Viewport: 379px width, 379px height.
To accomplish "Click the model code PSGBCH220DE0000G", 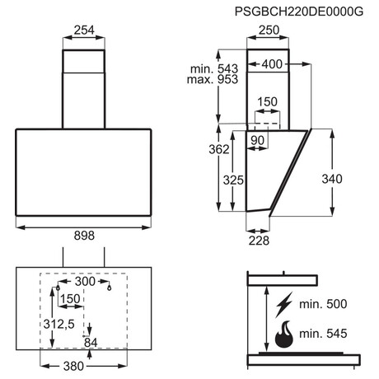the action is click(x=299, y=12).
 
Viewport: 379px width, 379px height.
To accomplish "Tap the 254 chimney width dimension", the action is click(x=84, y=30).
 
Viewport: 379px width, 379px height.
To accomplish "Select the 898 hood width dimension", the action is click(x=84, y=236).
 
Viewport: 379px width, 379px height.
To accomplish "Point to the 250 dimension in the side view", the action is click(x=269, y=30).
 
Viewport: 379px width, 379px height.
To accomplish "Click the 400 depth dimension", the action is click(x=272, y=64).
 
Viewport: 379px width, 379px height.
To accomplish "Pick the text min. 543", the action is click(x=214, y=68).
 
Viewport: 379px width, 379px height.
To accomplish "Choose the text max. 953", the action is click(x=213, y=79).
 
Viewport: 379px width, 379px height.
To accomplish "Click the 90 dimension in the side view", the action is click(x=257, y=140).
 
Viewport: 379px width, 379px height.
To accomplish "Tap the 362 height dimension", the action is click(x=219, y=149).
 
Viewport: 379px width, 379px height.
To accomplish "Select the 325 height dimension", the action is click(x=233, y=180).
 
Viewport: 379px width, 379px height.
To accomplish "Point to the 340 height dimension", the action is click(x=332, y=179).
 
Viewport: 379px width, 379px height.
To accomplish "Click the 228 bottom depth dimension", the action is click(x=259, y=241).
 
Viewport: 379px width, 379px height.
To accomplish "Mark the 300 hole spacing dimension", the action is click(x=85, y=281).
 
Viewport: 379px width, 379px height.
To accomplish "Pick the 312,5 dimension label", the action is click(x=59, y=325).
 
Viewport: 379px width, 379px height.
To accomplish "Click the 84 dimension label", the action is click(x=91, y=343).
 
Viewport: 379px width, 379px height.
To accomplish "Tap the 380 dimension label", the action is click(x=73, y=366).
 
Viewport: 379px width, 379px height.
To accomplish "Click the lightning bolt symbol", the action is click(x=284, y=305).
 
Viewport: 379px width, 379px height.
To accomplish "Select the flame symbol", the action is click(x=284, y=335).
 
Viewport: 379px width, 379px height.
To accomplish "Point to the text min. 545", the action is click(x=323, y=334).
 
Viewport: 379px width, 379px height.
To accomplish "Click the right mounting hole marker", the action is click(x=110, y=288).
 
